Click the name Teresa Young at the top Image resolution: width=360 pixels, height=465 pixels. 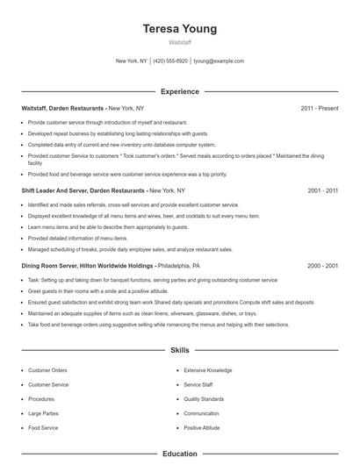[x=180, y=29]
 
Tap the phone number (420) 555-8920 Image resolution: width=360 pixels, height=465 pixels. [x=171, y=61]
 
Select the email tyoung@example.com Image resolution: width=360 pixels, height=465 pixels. [x=219, y=61]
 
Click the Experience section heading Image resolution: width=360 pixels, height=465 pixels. [x=180, y=91]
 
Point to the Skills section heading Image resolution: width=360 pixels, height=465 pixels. [x=180, y=350]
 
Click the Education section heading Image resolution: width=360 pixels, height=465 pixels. [x=180, y=454]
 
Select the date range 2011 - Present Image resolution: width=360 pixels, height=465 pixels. [x=320, y=108]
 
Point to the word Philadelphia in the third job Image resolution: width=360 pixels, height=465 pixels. [x=179, y=265]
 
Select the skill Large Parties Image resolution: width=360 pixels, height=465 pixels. [x=44, y=413]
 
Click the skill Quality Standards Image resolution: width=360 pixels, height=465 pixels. [x=205, y=399]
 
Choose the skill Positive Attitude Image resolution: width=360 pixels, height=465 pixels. [x=202, y=427]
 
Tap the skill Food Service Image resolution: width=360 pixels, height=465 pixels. [x=43, y=427]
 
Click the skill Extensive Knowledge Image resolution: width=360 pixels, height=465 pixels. [x=208, y=370]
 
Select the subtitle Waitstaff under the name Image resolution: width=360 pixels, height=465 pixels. [x=180, y=42]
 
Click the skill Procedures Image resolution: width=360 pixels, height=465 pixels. [x=41, y=399]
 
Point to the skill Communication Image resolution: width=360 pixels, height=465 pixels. [x=202, y=413]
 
